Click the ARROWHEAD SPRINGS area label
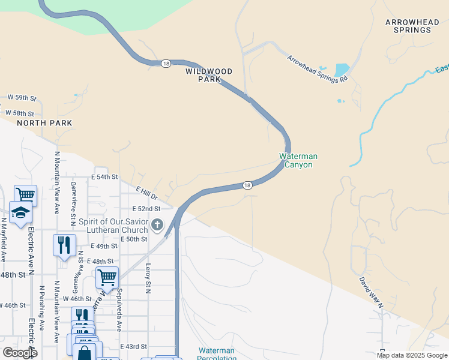point(413,26)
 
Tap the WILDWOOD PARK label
point(208,75)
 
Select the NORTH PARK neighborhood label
point(44,123)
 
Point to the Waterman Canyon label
point(298,160)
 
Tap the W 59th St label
point(22,97)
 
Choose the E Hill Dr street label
point(146,193)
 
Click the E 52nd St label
point(146,209)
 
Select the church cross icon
point(157,225)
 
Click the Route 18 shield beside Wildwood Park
point(164,63)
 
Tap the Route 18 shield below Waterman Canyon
point(247,186)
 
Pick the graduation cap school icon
point(20,212)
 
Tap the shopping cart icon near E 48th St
point(107,278)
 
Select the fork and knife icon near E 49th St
point(64,245)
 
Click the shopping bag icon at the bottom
point(85,352)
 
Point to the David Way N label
point(371,292)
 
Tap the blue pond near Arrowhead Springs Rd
point(342,69)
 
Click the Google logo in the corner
point(20,352)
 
